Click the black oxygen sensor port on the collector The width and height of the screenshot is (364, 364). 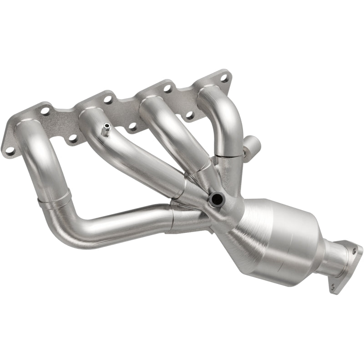click(215, 198)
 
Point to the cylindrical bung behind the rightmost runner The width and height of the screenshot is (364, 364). click(252, 147)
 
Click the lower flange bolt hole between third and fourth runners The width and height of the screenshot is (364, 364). click(189, 115)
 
